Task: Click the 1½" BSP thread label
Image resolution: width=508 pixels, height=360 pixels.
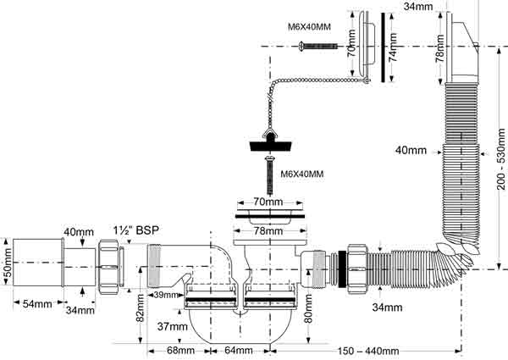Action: pos(136,230)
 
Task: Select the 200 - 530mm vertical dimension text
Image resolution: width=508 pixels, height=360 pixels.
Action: pos(501,159)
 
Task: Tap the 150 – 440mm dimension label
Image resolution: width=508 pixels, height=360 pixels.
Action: pos(368,351)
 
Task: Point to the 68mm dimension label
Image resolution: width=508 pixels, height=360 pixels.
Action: pos(181,351)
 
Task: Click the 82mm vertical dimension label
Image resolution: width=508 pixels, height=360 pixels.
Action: pos(140,308)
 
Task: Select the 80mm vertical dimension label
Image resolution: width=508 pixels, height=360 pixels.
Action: pos(308,308)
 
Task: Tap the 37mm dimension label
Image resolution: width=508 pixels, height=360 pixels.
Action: pos(173,326)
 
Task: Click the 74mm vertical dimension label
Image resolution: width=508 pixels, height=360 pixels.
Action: pos(393,47)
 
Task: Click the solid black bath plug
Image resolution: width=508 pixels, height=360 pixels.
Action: pos(271,145)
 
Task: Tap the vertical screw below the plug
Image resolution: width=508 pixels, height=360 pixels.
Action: pos(269,175)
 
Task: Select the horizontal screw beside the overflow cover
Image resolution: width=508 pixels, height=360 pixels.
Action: pos(318,46)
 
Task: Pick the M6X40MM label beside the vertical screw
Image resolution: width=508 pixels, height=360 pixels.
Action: pos(302,174)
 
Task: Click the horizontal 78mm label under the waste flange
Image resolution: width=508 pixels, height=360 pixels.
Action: pos(268,231)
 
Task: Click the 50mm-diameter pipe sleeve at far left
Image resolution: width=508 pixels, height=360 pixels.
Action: pos(38,263)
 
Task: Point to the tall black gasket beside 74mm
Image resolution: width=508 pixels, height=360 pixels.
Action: pos(383,47)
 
